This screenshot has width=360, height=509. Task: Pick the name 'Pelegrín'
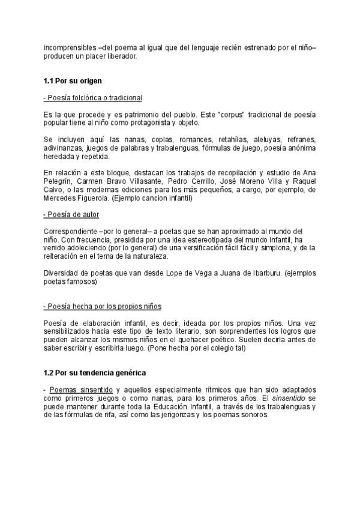click(59, 181)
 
